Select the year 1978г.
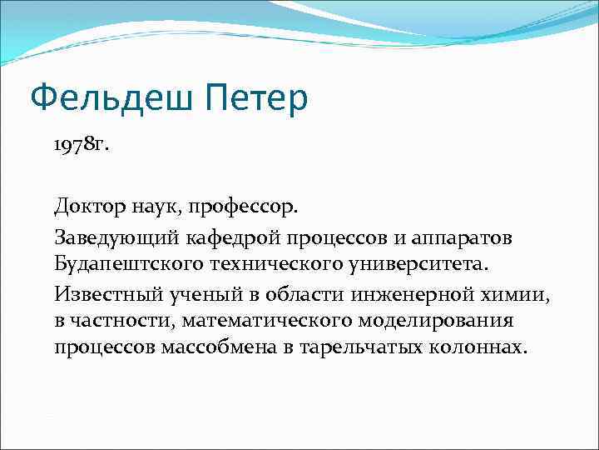pos(82,146)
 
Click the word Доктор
pos(89,204)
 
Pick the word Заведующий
pos(107,237)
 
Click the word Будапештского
pos(122,264)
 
